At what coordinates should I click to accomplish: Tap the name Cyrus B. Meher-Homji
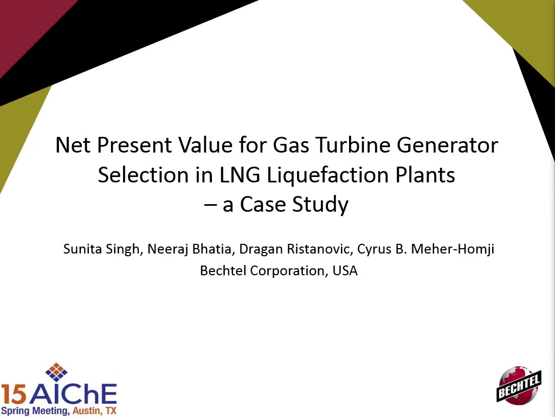pyautogui.click(x=426, y=249)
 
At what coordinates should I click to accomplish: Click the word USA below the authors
pyautogui.click(x=345, y=270)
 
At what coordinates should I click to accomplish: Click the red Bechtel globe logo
pyautogui.click(x=519, y=386)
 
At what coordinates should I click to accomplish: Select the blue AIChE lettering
pyautogui.click(x=73, y=394)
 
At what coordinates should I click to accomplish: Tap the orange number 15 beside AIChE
pyautogui.click(x=14, y=395)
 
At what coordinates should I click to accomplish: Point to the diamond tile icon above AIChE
pyautogui.click(x=56, y=372)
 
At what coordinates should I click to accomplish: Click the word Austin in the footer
pyautogui.click(x=84, y=411)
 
